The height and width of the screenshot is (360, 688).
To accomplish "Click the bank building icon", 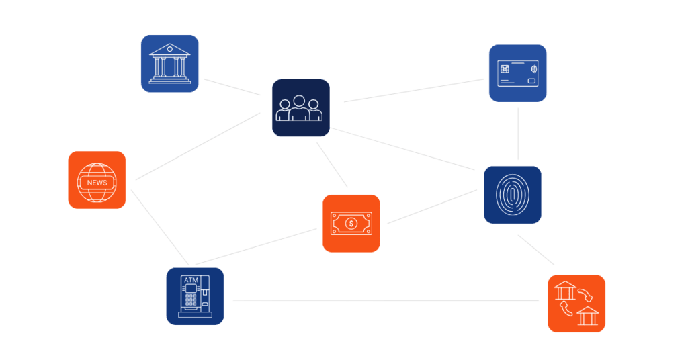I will coord(169,63).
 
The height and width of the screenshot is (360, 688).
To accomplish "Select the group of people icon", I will coord(300,107).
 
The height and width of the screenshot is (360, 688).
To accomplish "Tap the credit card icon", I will coord(517,73).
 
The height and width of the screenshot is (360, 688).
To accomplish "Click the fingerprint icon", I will coord(513,194).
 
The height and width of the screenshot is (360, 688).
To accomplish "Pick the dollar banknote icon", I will coord(351,223).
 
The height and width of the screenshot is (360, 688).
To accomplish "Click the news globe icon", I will coord(97,180).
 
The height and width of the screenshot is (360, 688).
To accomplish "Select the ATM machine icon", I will coord(195,296).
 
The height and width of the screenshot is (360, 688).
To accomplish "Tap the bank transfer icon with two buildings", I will coord(576,304).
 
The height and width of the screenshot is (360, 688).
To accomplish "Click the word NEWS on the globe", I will coord(97,183).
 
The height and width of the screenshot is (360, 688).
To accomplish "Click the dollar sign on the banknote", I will coord(351,223).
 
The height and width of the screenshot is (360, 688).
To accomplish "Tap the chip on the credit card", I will coord(504,69).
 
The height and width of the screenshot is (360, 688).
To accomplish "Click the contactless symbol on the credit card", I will coord(533,69).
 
